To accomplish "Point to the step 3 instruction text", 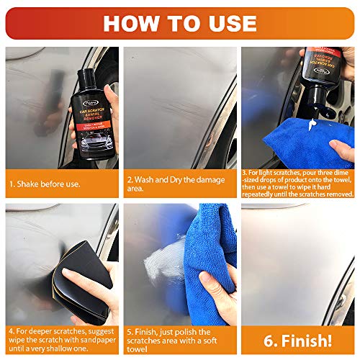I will (x=298, y=184).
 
